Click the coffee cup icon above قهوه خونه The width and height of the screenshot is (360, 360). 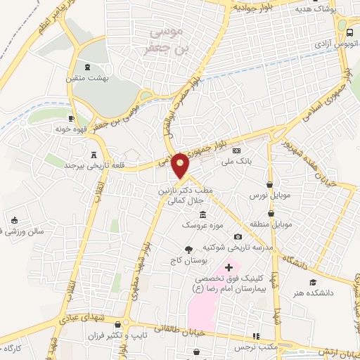(70, 118)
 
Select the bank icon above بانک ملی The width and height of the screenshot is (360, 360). (236, 150)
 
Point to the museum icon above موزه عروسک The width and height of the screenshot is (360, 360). (202, 214)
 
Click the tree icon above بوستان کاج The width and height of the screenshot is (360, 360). (188, 249)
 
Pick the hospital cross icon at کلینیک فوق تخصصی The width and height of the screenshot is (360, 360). (228, 267)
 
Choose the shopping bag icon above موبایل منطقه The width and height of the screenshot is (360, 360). (271, 213)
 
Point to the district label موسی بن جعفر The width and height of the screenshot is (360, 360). (165, 40)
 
